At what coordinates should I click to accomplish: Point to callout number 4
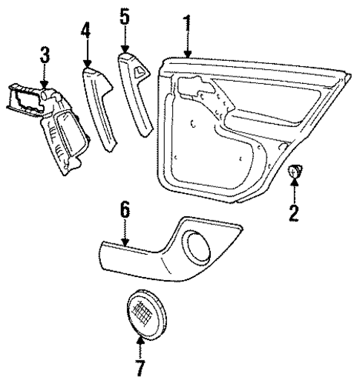click(x=87, y=33)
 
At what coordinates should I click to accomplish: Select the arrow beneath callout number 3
click(x=45, y=79)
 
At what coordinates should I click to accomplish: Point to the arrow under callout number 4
click(x=87, y=55)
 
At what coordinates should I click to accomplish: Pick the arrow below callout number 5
click(x=125, y=40)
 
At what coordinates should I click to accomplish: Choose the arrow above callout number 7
click(x=140, y=345)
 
